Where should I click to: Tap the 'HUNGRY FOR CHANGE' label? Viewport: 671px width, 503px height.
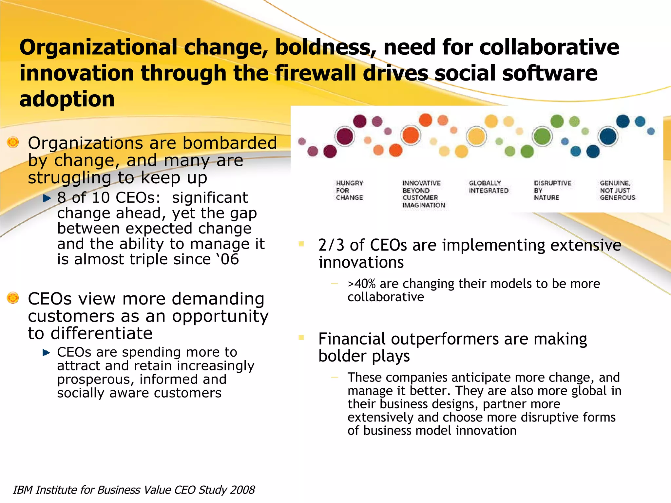(x=349, y=190)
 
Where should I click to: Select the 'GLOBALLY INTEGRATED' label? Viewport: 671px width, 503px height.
(x=488, y=187)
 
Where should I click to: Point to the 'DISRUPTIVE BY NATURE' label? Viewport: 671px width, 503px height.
(x=552, y=190)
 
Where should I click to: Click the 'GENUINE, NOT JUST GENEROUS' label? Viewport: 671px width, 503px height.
(x=617, y=190)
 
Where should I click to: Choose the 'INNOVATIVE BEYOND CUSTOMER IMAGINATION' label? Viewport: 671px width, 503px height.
(x=423, y=194)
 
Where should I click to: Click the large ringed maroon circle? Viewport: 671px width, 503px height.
(x=345, y=136)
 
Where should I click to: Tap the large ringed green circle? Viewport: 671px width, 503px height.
(x=542, y=136)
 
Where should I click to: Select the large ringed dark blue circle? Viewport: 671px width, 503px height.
(x=608, y=136)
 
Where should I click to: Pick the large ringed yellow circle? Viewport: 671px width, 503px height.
(x=476, y=136)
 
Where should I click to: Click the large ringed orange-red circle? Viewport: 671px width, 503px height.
(x=411, y=135)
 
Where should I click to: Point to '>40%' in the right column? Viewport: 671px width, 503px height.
(x=361, y=284)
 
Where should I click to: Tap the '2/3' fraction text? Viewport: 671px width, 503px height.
(x=331, y=245)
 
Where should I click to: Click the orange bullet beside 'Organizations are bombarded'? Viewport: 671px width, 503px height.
(x=13, y=142)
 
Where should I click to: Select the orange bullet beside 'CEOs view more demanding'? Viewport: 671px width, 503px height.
(x=13, y=298)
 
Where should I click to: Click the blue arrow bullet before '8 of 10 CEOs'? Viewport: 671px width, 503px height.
(x=47, y=198)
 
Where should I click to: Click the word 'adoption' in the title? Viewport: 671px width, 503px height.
(x=67, y=99)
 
